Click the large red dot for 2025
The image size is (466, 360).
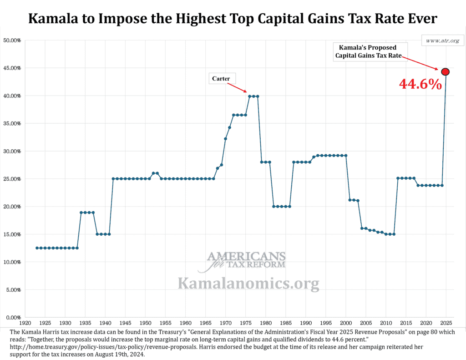[x=446, y=71]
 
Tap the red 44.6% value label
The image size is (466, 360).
[x=420, y=84]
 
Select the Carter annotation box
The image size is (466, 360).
[x=221, y=79]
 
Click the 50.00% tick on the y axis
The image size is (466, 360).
[x=12, y=41]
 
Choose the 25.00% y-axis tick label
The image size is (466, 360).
[x=12, y=179]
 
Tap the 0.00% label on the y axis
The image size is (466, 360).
[x=14, y=317]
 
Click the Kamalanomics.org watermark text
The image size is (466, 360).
[x=248, y=283]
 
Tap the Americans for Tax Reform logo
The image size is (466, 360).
[x=247, y=260]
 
